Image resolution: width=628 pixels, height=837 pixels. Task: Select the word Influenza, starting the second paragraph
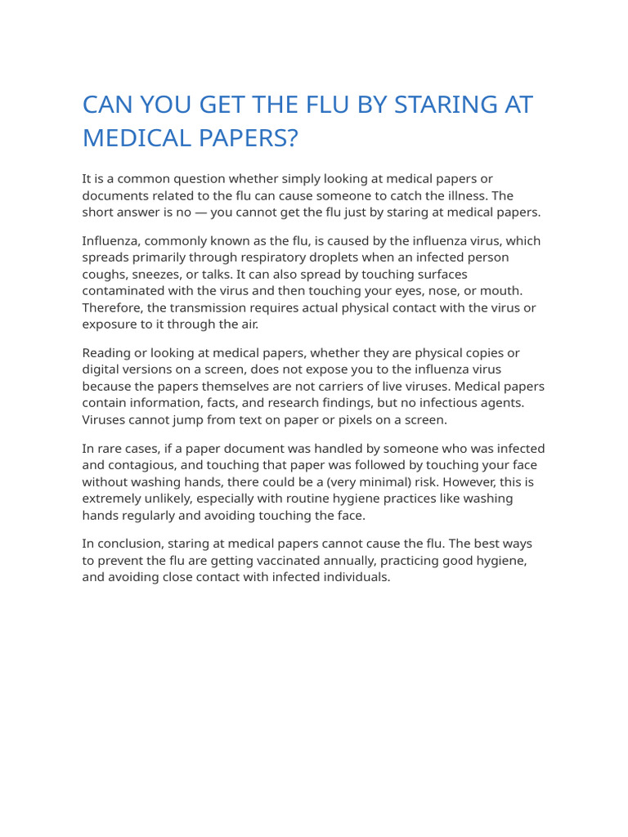pyautogui.click(x=114, y=240)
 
